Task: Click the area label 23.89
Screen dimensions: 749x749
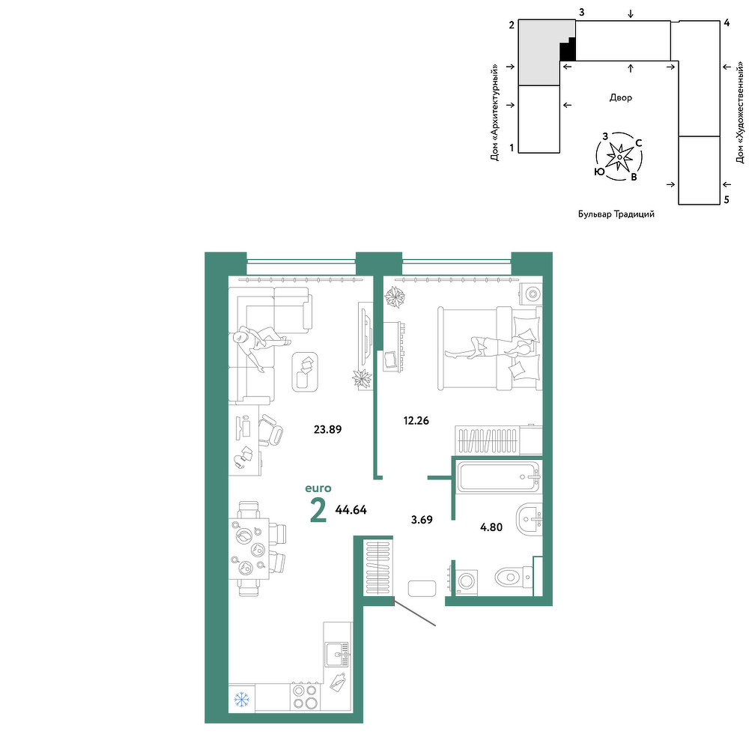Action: (x=328, y=429)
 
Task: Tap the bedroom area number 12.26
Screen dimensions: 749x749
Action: (x=416, y=421)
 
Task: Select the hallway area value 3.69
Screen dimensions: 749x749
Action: (x=422, y=520)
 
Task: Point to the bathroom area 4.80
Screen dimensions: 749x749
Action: (x=491, y=527)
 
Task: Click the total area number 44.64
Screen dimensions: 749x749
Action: (x=351, y=510)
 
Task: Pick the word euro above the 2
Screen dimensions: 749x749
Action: (x=318, y=488)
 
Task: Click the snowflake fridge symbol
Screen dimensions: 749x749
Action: (x=242, y=700)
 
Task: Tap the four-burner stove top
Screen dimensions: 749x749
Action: (x=306, y=697)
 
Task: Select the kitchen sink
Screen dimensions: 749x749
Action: (x=337, y=655)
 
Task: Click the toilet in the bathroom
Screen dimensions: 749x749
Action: (x=514, y=577)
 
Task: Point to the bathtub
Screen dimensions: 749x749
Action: (x=499, y=476)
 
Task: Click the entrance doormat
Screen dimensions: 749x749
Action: (x=422, y=589)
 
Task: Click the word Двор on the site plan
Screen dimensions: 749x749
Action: (x=620, y=98)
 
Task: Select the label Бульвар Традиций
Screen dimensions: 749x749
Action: (x=616, y=214)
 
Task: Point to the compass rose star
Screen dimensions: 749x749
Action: (x=619, y=157)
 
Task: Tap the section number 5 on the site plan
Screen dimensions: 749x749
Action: (x=727, y=200)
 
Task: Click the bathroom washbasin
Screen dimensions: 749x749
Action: (x=529, y=518)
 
